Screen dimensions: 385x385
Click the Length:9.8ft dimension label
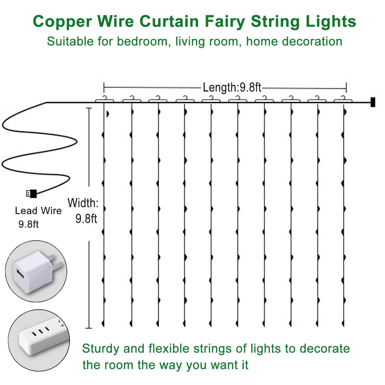232,88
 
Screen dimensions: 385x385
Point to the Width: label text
83,203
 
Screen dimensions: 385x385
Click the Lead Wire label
38,211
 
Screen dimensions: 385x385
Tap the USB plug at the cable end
32,193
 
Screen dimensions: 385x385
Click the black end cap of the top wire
373,102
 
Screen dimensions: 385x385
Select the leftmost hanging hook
104,99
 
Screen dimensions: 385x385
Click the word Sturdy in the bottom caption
101,349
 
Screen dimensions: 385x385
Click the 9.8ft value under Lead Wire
28,224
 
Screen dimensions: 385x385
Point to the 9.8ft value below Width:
86,219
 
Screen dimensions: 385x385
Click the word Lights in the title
331,21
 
